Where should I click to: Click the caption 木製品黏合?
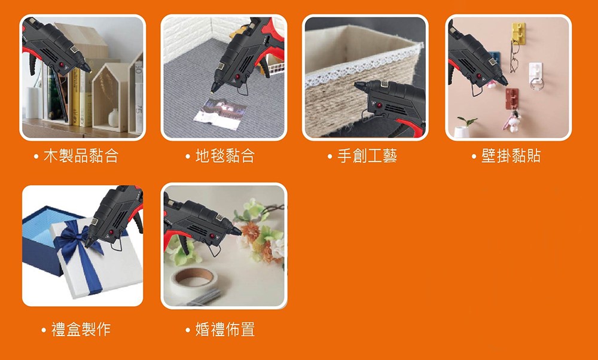pos(81,156)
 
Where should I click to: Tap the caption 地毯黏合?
pos(225,156)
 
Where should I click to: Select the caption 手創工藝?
pos(367,156)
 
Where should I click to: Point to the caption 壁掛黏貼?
pos(511,156)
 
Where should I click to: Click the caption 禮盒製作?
pos(81,329)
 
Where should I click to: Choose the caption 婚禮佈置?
pos(225,329)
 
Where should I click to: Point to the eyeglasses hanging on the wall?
pos(515,54)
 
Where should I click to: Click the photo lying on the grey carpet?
pos(220,112)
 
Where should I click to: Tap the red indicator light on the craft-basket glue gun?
pos(379,105)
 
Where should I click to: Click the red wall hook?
pos(512,98)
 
